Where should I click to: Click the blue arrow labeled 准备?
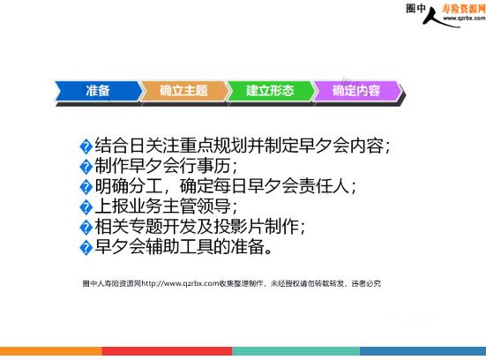click(x=99, y=91)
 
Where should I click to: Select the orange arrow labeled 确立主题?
click(x=184, y=91)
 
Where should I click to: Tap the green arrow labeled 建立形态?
click(x=271, y=91)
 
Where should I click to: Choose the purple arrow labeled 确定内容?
click(x=357, y=91)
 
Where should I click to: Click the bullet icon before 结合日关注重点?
click(x=86, y=146)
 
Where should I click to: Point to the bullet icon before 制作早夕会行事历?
click(x=86, y=167)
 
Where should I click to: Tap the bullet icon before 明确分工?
click(x=86, y=187)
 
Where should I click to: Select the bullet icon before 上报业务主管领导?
click(x=86, y=207)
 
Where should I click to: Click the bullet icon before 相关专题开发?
click(x=86, y=228)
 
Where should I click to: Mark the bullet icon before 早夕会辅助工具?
click(x=86, y=248)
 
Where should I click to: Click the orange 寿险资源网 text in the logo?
click(x=464, y=9)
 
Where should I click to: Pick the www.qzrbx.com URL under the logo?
click(x=464, y=19)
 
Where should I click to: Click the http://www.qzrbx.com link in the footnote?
click(x=181, y=283)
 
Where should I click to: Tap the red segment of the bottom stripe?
click(x=167, y=351)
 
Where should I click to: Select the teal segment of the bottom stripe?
click(x=296, y=351)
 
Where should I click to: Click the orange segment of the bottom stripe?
click(x=51, y=351)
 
